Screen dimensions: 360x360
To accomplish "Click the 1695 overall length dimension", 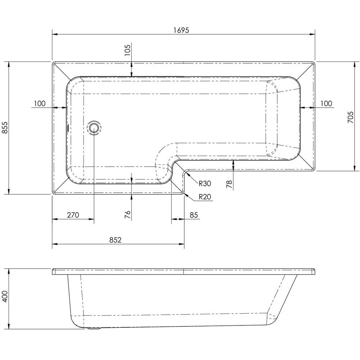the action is (x=181, y=30).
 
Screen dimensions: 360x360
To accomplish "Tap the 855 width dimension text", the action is (x=5, y=127).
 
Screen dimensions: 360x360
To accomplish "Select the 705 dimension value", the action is (x=350, y=117).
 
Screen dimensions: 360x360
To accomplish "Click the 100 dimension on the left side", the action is (x=40, y=104).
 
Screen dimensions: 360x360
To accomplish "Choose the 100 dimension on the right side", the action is (x=326, y=104).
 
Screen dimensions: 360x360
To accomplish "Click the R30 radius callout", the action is (x=204, y=184).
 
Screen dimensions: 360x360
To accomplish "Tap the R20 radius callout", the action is (x=204, y=197).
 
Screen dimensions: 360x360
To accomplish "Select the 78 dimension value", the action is (x=229, y=184).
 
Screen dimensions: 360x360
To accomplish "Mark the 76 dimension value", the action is (x=127, y=215).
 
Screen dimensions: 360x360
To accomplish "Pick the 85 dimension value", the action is (x=194, y=215).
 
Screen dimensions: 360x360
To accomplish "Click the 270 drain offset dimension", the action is (x=73, y=215).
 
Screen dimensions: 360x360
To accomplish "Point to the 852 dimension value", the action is (x=115, y=240).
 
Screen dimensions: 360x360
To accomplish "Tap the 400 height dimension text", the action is (x=5, y=296).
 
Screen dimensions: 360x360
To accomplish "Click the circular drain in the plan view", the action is (x=94, y=128).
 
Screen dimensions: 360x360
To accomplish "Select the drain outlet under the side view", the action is (x=94, y=329).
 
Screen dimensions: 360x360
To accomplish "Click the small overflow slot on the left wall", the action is (x=68, y=127).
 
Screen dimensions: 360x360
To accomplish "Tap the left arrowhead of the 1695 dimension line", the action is (x=55, y=35).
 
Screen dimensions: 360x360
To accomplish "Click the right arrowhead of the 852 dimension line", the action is (x=181, y=244).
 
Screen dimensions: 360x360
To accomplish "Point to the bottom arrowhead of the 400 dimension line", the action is (x=9, y=326).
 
